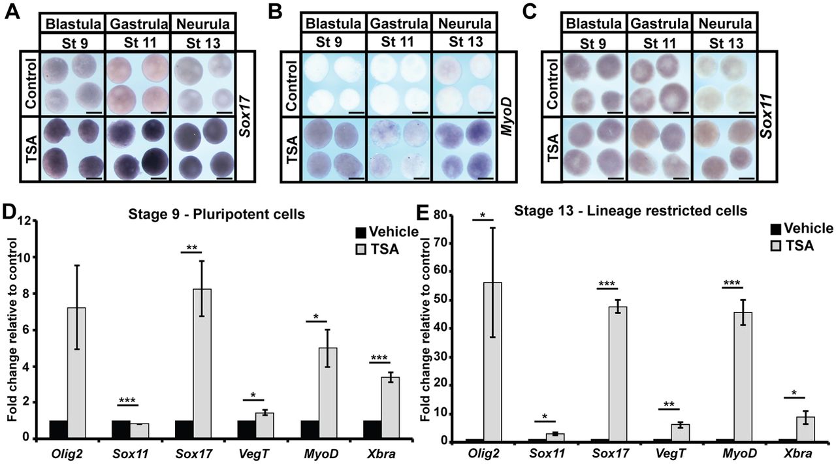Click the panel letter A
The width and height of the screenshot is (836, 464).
point(12,12)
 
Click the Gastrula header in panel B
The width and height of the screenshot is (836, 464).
point(399,23)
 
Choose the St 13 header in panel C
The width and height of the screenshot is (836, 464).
point(726,43)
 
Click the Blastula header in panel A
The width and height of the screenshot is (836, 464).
point(73,24)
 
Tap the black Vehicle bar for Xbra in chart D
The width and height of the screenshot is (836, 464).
point(372,429)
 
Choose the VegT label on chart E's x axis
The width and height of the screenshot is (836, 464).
point(670,453)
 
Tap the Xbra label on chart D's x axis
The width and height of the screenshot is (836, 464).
point(380,454)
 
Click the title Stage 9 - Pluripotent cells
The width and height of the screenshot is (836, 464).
point(216,214)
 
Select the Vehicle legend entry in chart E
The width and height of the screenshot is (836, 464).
point(801,228)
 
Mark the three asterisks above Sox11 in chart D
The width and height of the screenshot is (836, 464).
point(128,399)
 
